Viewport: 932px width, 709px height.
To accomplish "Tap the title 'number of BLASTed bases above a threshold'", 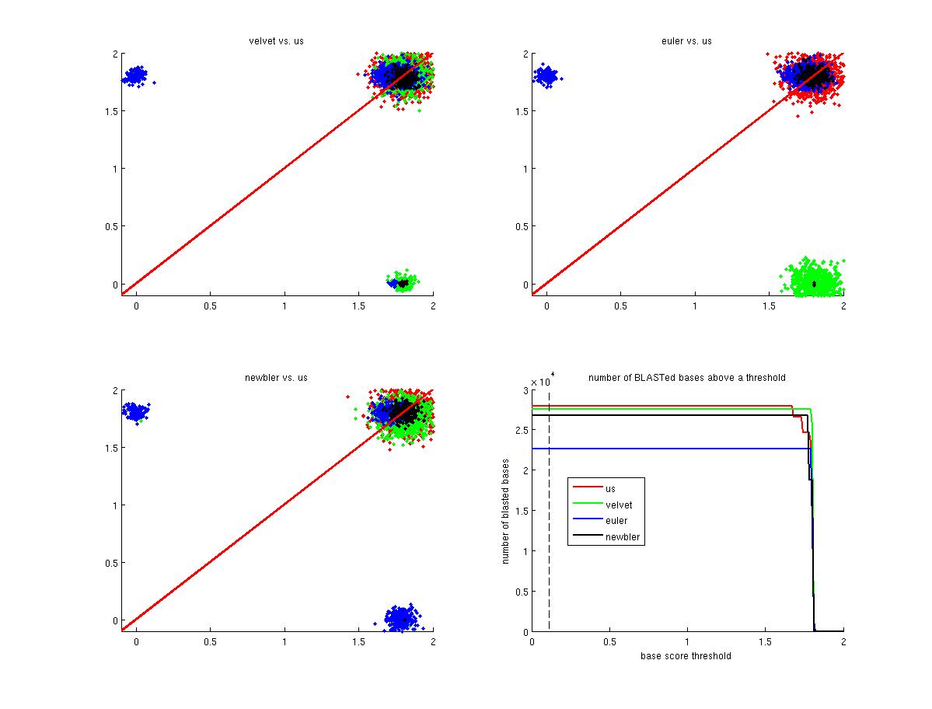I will pos(686,378).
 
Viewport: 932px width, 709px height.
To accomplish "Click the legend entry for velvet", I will pos(619,505).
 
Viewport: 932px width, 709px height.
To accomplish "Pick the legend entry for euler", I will pos(616,521).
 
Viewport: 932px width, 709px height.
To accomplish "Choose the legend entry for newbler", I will pos(622,537).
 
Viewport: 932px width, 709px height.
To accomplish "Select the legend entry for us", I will pos(610,488).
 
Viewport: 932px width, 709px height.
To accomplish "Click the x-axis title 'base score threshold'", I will pos(686,655).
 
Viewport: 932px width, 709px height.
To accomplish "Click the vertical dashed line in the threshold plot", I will pos(549,544).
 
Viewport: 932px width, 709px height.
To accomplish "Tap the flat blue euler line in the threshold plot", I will pos(661,449).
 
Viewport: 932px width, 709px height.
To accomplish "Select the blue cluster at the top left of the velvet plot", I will pos(136,76).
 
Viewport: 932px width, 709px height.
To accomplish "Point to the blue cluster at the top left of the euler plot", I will pos(546,76).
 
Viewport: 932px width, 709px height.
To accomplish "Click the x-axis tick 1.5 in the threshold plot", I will pos(765,642).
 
